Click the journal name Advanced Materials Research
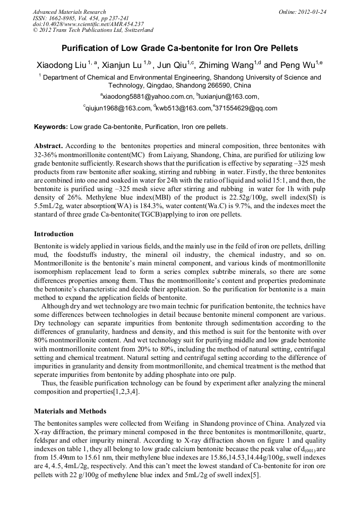tap(69, 12)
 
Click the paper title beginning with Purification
tap(180, 48)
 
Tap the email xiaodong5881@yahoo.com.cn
tap(147, 97)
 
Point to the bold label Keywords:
tap(51, 127)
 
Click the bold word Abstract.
tap(48, 145)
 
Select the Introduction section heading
tap(54, 234)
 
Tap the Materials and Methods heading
tap(70, 411)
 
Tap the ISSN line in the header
tap(80, 18)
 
